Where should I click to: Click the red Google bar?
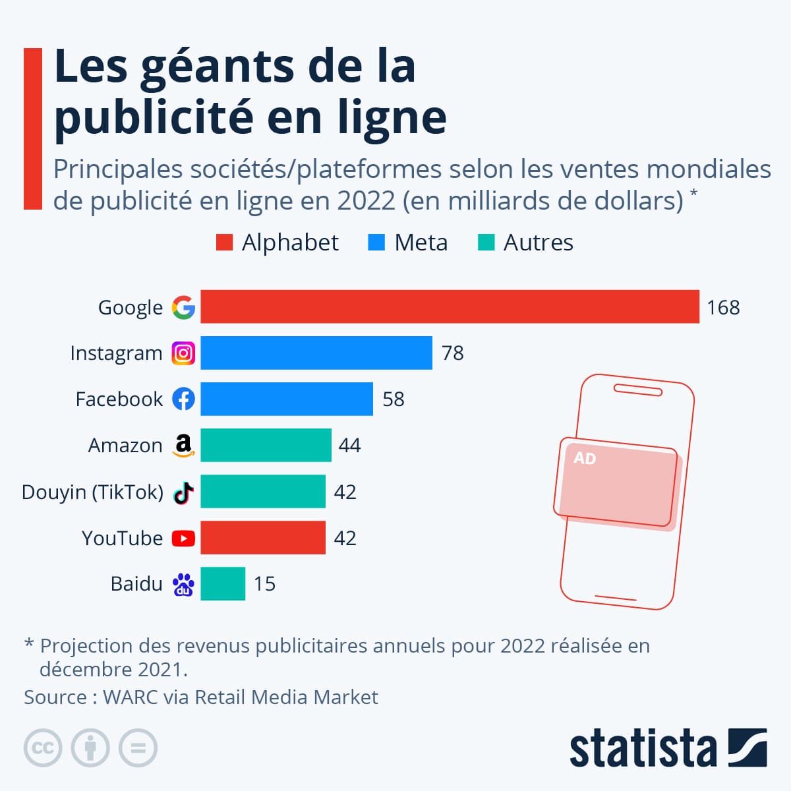(x=450, y=307)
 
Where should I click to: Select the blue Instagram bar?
(x=316, y=353)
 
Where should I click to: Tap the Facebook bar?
(x=287, y=399)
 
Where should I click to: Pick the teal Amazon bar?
(x=266, y=445)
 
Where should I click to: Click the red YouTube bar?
(x=263, y=537)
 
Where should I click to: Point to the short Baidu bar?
(x=223, y=583)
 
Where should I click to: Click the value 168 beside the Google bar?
(x=723, y=307)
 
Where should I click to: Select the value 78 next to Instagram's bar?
(x=452, y=353)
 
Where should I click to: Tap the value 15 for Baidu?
(x=264, y=584)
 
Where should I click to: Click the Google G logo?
(x=183, y=307)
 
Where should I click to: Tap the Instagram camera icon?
(x=183, y=353)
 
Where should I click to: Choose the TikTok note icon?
(x=183, y=492)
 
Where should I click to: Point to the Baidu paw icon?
(x=183, y=584)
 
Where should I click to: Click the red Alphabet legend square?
(x=224, y=243)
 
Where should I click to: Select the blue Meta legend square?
(x=376, y=243)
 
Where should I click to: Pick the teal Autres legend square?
(x=486, y=243)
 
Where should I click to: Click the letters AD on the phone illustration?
(x=584, y=458)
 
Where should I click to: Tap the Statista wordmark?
(x=643, y=749)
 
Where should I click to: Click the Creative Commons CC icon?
(x=43, y=748)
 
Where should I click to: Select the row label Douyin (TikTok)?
(x=92, y=492)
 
